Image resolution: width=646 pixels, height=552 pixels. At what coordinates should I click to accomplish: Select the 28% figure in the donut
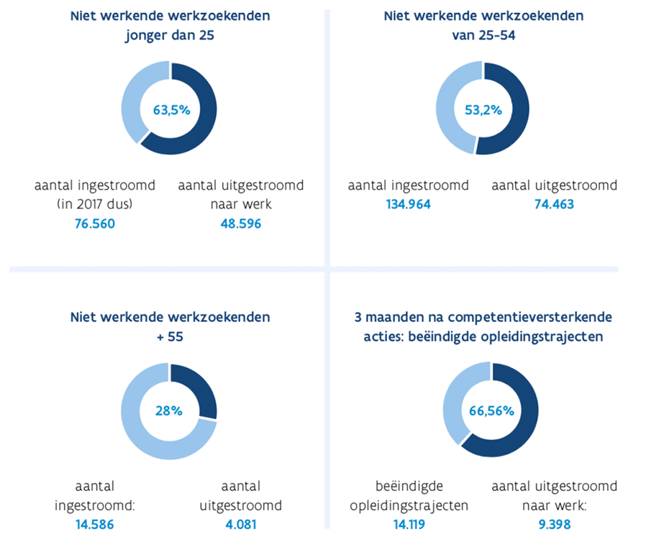169,411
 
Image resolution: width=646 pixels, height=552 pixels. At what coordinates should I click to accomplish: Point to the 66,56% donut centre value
491,411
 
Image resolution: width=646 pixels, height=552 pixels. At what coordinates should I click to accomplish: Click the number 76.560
95,224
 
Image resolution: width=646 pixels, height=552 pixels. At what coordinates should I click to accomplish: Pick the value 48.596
240,224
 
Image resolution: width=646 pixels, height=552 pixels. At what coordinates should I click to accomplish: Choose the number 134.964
408,205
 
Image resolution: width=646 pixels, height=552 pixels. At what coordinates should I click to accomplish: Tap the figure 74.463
554,205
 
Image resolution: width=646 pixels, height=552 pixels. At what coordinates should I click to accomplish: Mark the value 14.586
94,525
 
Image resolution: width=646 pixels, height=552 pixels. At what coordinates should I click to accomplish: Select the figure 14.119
408,525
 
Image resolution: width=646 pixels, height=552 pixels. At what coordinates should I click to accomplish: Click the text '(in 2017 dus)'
95,204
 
